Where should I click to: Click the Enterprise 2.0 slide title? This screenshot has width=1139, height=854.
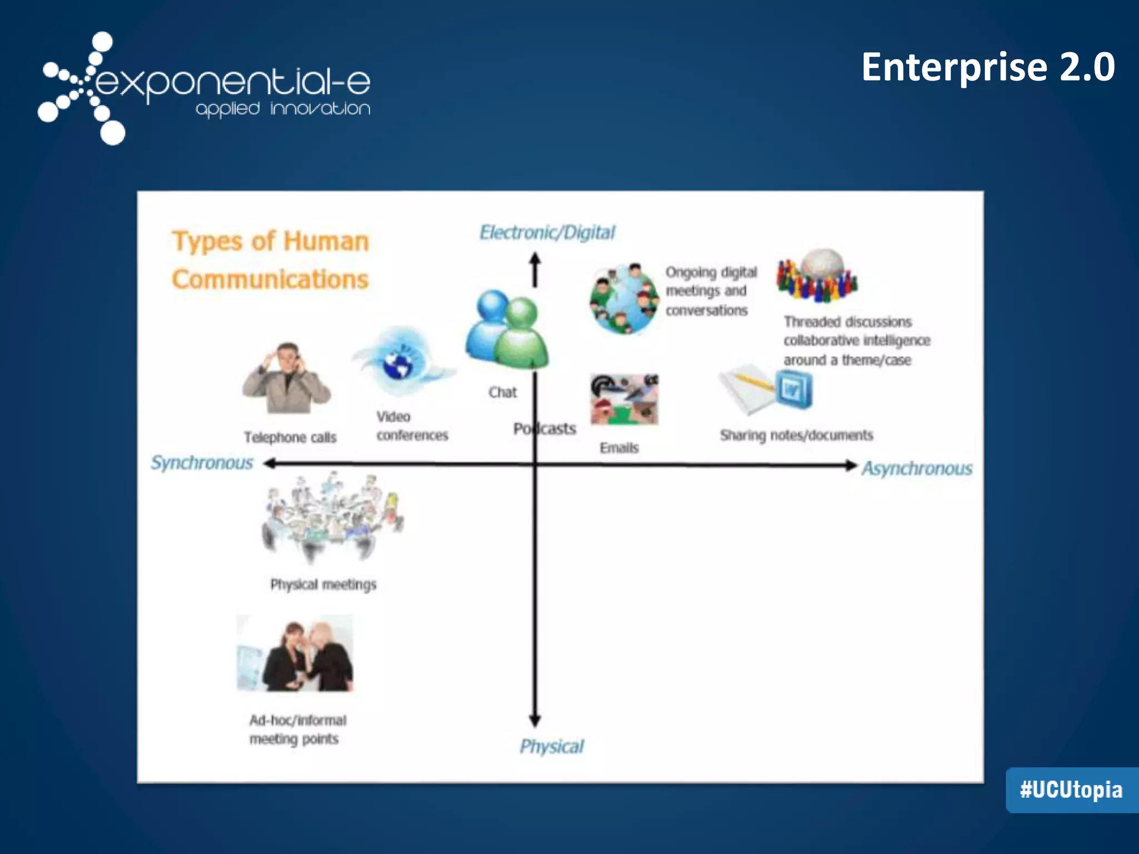988,67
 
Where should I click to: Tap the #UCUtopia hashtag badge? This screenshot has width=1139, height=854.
1071,790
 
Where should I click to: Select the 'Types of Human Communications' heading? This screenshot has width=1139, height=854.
270,260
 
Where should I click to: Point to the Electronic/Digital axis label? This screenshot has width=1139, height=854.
547,232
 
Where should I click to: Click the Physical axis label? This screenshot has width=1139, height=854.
552,746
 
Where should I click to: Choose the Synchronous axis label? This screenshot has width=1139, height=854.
202,463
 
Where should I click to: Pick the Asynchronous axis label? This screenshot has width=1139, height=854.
917,469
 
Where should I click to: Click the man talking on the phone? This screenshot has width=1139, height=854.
286,378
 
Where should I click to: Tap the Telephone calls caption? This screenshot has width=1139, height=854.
290,438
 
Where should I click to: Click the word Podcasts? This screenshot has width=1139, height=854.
544,429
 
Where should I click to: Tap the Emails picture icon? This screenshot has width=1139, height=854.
624,399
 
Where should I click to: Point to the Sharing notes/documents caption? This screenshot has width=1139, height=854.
796,435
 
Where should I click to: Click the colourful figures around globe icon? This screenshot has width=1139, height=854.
816,275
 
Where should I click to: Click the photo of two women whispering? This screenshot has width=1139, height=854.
295,654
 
